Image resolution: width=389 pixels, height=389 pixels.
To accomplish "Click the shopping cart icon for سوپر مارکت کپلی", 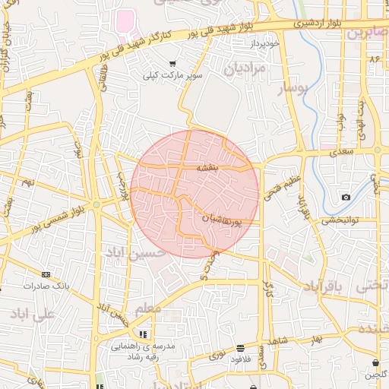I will click(x=173, y=64).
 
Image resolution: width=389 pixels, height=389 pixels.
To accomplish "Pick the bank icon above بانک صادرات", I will click(x=46, y=274).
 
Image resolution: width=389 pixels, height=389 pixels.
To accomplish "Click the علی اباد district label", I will click(x=33, y=312).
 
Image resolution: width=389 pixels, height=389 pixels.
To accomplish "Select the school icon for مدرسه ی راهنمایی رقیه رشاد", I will click(x=142, y=334).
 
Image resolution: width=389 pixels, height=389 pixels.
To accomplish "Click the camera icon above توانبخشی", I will click(x=346, y=198).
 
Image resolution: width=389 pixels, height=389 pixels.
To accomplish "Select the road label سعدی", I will click(x=342, y=153).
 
